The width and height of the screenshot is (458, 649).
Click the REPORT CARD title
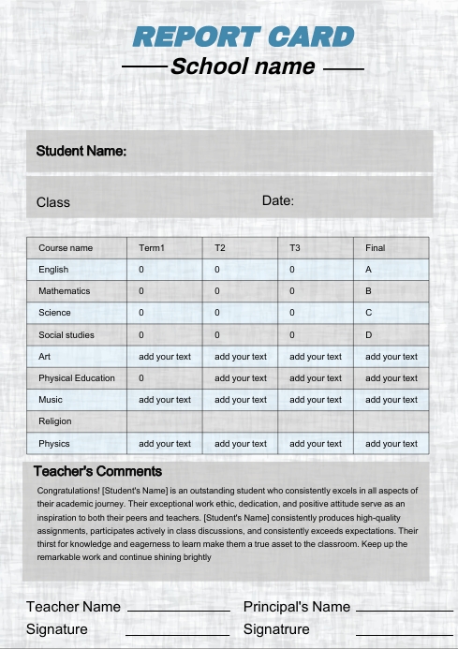[244, 37]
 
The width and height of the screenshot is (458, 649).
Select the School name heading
[243, 67]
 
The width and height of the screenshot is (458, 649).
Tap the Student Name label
[81, 151]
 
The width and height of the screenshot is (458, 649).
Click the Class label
[53, 202]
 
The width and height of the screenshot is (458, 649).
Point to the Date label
[278, 200]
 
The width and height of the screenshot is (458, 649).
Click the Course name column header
[66, 248]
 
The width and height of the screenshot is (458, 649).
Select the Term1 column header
[152, 248]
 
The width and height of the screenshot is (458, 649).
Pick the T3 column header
[295, 248]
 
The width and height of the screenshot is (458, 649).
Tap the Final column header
[375, 248]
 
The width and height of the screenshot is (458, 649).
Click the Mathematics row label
[65, 291]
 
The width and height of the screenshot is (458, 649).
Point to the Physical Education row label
[77, 378]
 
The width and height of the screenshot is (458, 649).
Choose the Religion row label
[54, 421]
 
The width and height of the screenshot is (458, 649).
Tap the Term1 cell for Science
[141, 313]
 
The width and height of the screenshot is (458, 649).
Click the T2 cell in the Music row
[241, 400]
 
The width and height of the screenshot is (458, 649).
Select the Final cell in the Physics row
[392, 444]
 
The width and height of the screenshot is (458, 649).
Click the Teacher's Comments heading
[97, 471]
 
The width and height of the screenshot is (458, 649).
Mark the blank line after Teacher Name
[178, 610]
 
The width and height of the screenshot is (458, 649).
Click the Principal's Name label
[297, 607]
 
